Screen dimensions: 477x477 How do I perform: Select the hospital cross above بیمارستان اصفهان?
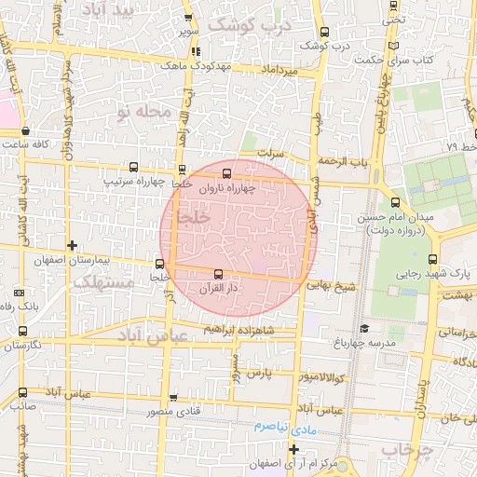click(x=72, y=245)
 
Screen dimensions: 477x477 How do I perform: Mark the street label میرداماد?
click(x=279, y=71)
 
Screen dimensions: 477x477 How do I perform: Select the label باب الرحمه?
click(x=341, y=161)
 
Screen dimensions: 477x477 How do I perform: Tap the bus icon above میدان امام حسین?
click(x=395, y=202)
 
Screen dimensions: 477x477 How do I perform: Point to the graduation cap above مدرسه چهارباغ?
click(x=364, y=329)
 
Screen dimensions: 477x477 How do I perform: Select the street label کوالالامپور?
click(x=320, y=377)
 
